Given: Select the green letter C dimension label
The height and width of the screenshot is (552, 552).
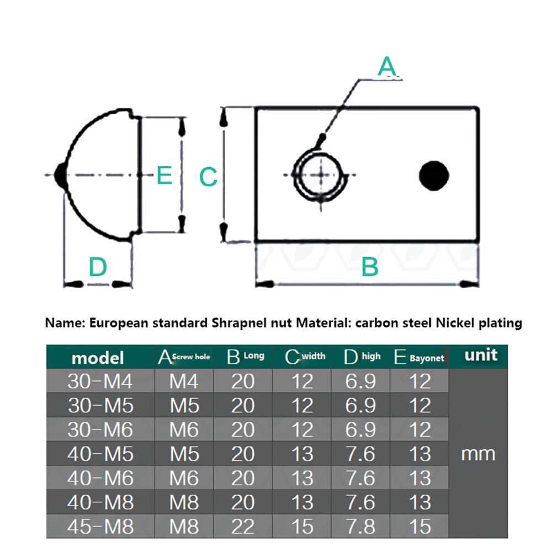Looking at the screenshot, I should point(208,178).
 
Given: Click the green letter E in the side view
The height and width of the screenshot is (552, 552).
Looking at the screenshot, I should point(164,176).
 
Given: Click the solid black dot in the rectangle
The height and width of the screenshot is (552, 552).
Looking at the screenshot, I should point(433,176).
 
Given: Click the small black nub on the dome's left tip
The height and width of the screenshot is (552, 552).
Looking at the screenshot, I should point(60,176).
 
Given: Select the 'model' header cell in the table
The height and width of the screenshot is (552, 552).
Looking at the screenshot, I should point(98,358).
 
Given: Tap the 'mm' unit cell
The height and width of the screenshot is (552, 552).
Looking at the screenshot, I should point(477,454).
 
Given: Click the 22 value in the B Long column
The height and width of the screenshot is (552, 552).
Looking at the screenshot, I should point(243,527).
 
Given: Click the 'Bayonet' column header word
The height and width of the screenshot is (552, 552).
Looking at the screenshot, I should point(426,358).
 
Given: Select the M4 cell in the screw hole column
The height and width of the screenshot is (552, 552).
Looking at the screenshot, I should point(184,381).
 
